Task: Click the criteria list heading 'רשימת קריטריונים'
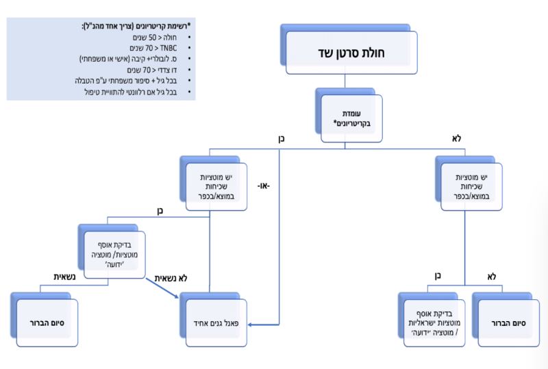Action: tap(138, 26)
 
